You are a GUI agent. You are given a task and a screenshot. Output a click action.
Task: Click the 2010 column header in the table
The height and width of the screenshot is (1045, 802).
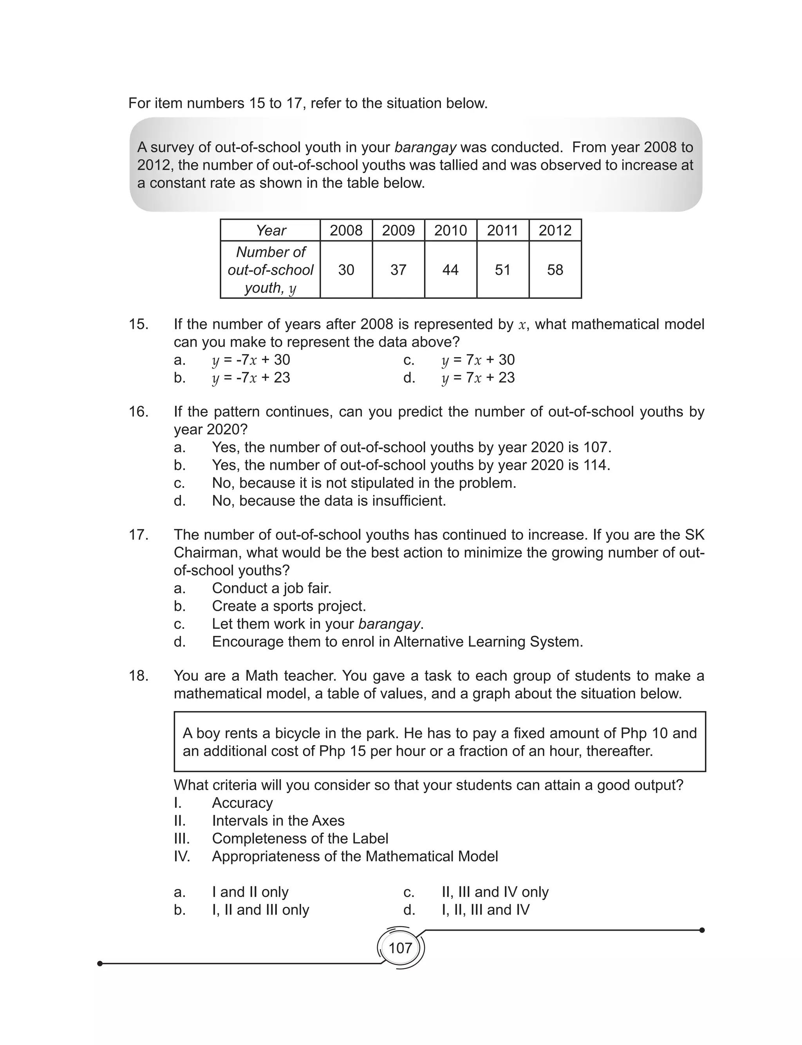[x=450, y=231]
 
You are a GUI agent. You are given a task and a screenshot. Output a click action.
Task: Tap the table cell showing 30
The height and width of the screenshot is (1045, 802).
[x=346, y=270]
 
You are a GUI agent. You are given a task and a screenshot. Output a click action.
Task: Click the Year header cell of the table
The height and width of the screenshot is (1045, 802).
[x=270, y=231]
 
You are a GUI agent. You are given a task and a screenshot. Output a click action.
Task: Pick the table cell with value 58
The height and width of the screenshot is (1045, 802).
[x=555, y=270]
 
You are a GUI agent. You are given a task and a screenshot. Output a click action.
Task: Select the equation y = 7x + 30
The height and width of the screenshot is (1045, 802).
[x=478, y=360]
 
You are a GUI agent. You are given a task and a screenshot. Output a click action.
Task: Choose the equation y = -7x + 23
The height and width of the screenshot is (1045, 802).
[x=251, y=378]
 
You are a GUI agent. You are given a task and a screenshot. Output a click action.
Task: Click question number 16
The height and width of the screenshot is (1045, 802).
[x=139, y=412]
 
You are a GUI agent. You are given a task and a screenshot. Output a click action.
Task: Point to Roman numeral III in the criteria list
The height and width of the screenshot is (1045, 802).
[x=181, y=838]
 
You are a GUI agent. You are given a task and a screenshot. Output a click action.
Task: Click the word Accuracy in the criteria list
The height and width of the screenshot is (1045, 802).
[x=242, y=803]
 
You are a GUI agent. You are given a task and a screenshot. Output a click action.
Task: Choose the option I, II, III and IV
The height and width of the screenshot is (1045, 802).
[x=485, y=910]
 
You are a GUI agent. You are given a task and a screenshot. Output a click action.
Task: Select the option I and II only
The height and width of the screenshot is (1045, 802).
[x=250, y=892]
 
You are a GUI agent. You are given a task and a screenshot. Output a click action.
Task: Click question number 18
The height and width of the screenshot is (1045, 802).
[x=139, y=676]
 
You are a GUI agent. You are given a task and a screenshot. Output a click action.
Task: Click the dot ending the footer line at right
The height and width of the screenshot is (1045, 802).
[x=701, y=930]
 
